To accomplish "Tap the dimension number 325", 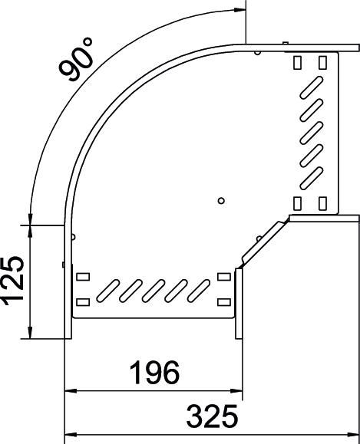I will (212, 417).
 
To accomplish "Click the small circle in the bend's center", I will (221, 201).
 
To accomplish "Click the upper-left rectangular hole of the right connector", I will (298, 61).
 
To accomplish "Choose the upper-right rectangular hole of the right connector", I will (322, 61).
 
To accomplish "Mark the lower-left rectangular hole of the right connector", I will (298, 203).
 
